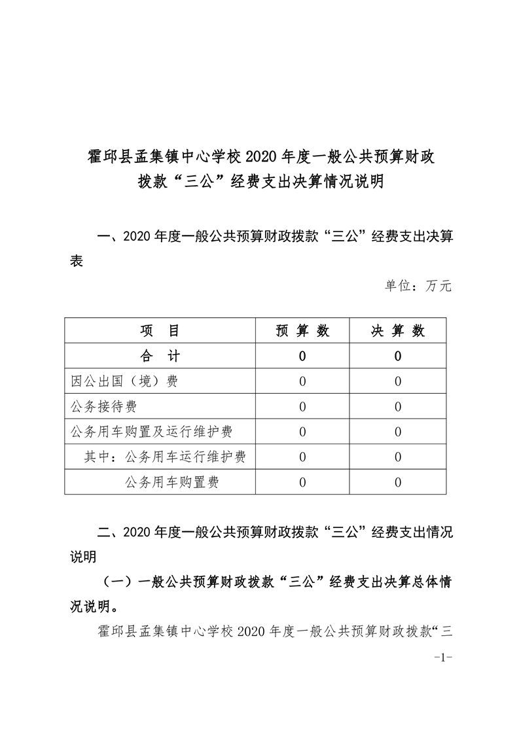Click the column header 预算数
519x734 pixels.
pos(302,331)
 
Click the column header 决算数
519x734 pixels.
pos(398,331)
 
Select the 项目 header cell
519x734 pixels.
pos(160,331)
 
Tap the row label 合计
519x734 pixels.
pos(160,357)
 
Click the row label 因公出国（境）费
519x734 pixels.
pos(124,381)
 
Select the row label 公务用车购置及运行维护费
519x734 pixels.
pos(151,432)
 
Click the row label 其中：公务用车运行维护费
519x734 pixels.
pos(165,457)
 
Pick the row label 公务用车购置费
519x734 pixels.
pos(171,483)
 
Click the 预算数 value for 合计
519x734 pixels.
pos(302,357)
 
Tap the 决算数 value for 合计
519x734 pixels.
pos(398,357)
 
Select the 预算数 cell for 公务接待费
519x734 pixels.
pos(302,407)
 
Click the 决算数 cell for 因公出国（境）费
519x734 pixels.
pos(398,381)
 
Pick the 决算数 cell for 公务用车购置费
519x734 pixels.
pos(398,483)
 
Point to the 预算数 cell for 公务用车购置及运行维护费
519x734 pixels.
pos(302,432)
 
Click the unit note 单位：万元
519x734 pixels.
pos(418,286)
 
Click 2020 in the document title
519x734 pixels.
pos(261,156)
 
